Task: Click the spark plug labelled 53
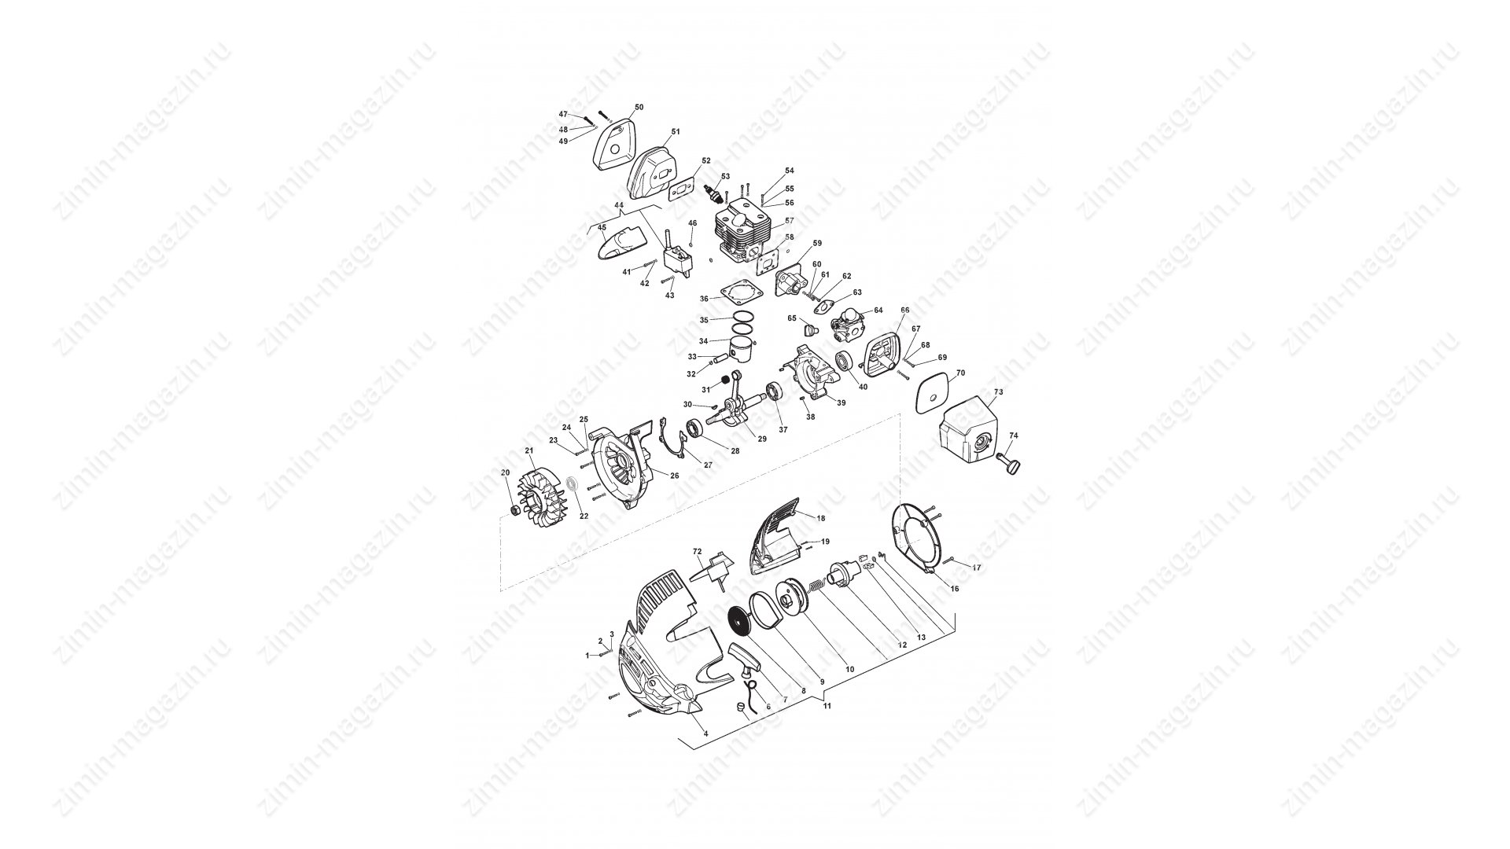pos(714,189)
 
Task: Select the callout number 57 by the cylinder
pos(789,221)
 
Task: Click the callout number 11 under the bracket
pos(827,706)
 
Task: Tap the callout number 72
pos(697,552)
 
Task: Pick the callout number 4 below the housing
pos(705,733)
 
